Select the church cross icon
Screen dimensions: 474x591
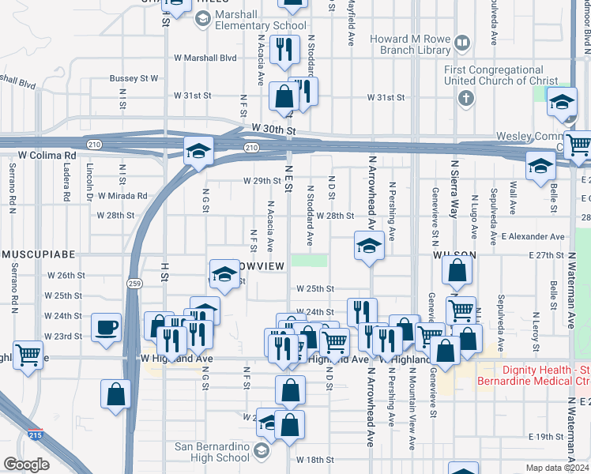coord(466,99)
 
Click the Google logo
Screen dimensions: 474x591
coord(26,465)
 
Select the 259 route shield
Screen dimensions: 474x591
coord(135,283)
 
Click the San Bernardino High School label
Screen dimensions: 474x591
coord(213,452)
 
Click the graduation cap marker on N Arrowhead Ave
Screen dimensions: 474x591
coord(368,246)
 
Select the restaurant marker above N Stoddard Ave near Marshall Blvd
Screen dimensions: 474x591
coord(282,51)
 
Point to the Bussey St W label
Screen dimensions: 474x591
coord(134,79)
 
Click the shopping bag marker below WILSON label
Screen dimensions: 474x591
coord(458,273)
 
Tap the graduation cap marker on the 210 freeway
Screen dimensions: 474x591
coord(198,150)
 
